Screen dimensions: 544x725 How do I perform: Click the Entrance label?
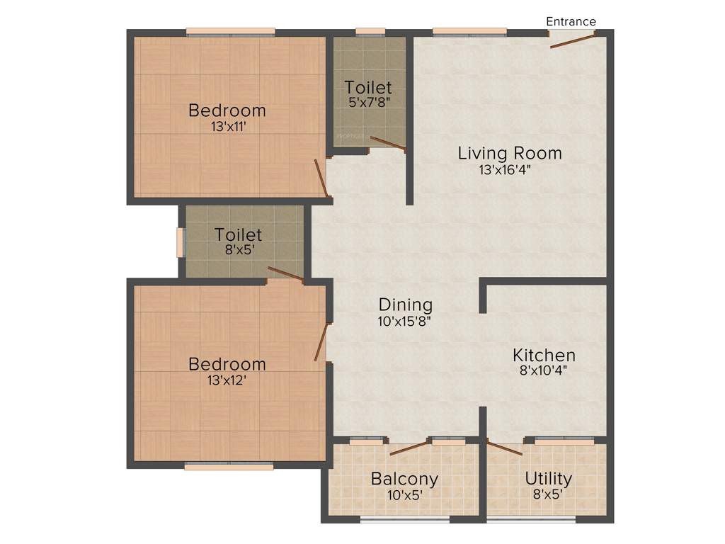click(x=571, y=21)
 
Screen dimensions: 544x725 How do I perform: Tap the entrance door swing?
click(x=573, y=40)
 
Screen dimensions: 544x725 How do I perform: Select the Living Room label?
click(x=510, y=153)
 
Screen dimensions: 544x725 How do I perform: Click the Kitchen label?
click(x=544, y=355)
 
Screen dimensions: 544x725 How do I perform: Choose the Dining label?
click(x=406, y=305)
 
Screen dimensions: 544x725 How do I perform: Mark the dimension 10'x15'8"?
click(x=405, y=321)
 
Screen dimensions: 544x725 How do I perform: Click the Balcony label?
click(x=404, y=479)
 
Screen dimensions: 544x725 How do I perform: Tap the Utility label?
click(x=548, y=478)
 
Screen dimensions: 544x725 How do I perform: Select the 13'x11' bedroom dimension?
click(x=227, y=127)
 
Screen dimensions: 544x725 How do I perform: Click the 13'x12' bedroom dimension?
click(x=227, y=380)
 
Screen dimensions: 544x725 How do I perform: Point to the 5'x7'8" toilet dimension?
click(x=369, y=103)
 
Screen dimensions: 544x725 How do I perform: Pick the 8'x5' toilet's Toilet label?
click(x=239, y=234)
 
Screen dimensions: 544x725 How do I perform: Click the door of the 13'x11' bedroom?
click(x=321, y=178)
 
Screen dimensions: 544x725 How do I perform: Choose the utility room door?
click(x=505, y=448)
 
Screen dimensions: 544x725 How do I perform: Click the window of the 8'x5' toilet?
click(x=180, y=241)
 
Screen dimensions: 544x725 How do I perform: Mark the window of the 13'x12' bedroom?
click(x=229, y=466)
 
